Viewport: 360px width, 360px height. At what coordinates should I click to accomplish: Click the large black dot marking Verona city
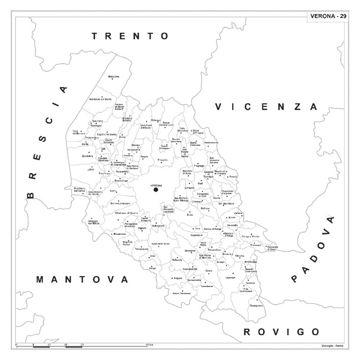pyautogui.click(x=156, y=190)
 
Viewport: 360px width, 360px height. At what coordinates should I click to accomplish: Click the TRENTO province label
pyautogui.click(x=130, y=36)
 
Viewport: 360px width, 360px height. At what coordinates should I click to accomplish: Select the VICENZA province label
pyautogui.click(x=266, y=107)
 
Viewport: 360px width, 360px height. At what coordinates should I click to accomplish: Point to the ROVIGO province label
pyautogui.click(x=281, y=332)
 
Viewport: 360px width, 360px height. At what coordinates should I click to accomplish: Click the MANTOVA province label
pyautogui.click(x=82, y=279)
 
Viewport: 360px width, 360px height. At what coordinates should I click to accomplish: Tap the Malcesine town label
pyautogui.click(x=113, y=76)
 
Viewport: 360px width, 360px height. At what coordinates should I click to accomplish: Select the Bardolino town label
pyautogui.click(x=87, y=156)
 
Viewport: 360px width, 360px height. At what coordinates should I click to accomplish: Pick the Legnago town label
pyautogui.click(x=230, y=278)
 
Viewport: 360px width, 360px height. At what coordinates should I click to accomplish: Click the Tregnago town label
pyautogui.click(x=199, y=166)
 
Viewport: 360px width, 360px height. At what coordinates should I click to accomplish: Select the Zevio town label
pyautogui.click(x=189, y=216)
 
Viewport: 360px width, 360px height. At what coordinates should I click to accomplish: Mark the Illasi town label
pyautogui.click(x=201, y=184)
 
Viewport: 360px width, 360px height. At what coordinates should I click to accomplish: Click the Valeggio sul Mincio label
pyautogui.click(x=93, y=222)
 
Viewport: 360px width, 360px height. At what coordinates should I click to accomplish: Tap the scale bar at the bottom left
pyautogui.click(x=49, y=346)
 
